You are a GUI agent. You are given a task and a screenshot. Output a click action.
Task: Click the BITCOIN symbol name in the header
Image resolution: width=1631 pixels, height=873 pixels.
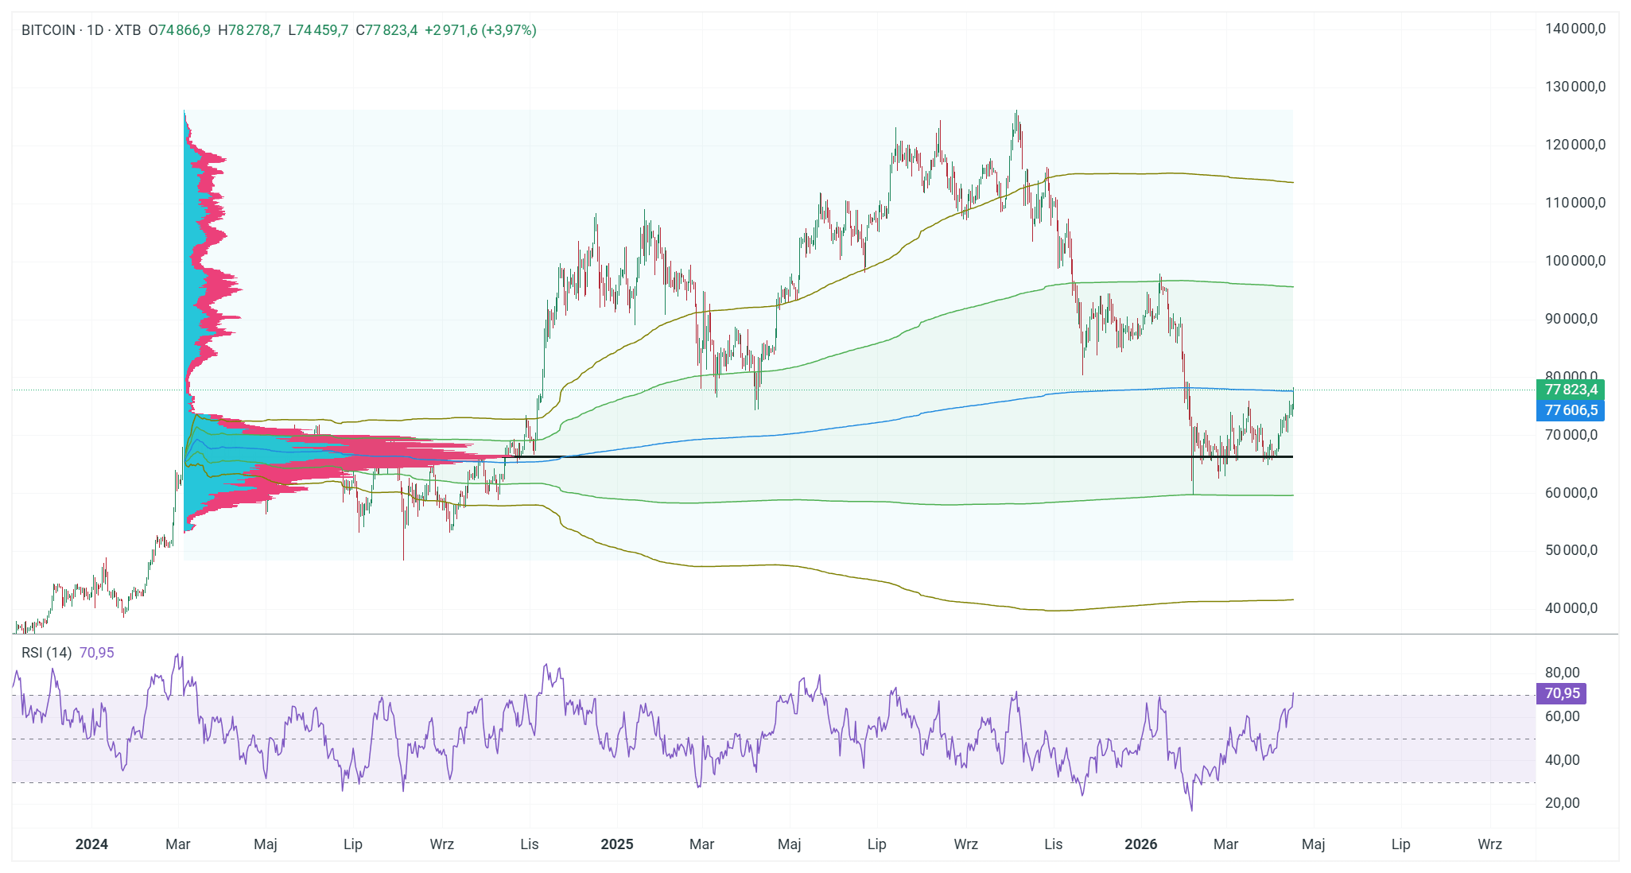(x=48, y=30)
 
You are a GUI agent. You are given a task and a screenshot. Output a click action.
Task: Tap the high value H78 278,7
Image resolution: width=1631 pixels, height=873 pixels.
(x=249, y=30)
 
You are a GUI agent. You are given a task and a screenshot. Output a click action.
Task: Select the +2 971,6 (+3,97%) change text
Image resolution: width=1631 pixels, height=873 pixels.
(x=480, y=30)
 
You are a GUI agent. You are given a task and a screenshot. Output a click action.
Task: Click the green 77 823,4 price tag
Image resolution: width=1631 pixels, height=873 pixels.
(x=1570, y=390)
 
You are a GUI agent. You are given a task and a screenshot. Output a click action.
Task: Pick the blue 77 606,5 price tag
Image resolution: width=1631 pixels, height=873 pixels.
(x=1570, y=410)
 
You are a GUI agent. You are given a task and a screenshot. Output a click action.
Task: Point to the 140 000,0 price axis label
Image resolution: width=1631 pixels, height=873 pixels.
(x=1575, y=29)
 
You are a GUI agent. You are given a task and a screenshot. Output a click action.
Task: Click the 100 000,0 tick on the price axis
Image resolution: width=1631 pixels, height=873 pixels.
(x=1575, y=261)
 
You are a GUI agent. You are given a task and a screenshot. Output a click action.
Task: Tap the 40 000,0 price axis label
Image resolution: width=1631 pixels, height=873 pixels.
(x=1571, y=608)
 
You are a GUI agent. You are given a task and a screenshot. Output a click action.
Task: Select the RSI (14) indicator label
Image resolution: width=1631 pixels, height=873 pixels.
(x=46, y=653)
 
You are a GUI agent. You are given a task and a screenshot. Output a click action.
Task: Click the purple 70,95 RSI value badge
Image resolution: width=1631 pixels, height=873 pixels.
(x=1562, y=693)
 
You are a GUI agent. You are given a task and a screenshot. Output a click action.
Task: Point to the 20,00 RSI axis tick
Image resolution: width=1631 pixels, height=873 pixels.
(x=1562, y=803)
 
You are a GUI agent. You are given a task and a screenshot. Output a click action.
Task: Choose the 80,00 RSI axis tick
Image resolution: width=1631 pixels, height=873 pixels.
(x=1562, y=673)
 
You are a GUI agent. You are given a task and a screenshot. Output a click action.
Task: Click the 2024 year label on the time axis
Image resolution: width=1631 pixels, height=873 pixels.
(x=91, y=844)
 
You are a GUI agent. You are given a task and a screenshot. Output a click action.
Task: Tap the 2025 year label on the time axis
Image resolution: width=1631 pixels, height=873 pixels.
(x=617, y=844)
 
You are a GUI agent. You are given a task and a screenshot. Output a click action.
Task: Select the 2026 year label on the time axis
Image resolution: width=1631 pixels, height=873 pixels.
(x=1140, y=844)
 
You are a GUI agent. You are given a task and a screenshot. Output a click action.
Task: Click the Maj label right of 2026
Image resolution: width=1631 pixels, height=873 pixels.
(x=1313, y=844)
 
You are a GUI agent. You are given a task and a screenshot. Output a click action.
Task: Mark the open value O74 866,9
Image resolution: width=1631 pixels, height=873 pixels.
(x=179, y=30)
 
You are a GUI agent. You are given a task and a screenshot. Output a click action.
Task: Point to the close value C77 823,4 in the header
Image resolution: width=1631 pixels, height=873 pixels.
(x=386, y=30)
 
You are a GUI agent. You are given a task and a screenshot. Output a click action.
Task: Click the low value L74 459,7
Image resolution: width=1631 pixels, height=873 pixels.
(x=318, y=30)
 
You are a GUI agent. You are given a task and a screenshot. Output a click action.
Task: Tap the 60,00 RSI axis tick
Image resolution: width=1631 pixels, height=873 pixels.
(x=1562, y=716)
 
